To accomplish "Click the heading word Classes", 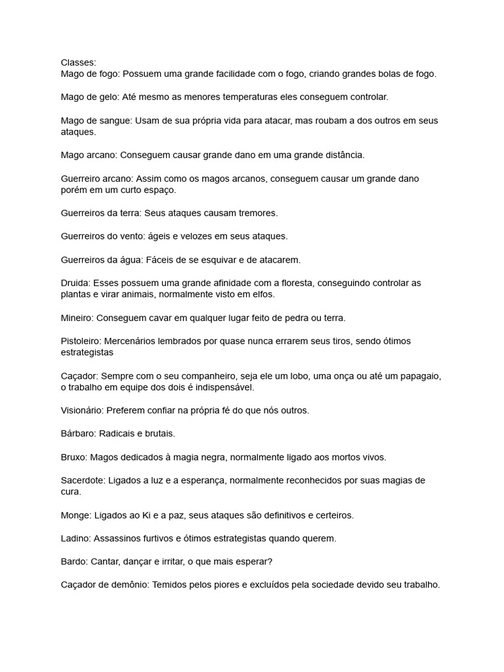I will (x=77, y=62).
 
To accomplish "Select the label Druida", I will (x=75, y=283).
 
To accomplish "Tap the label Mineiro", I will (x=77, y=318).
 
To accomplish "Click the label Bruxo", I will (x=73, y=457).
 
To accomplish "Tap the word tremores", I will (x=257, y=213).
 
